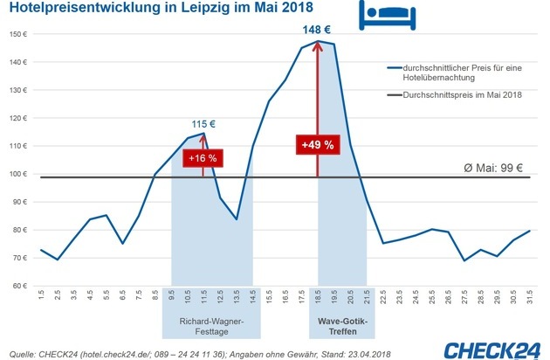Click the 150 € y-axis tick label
point(17,34)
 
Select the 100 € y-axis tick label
point(17,174)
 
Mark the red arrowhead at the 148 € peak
point(317,46)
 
